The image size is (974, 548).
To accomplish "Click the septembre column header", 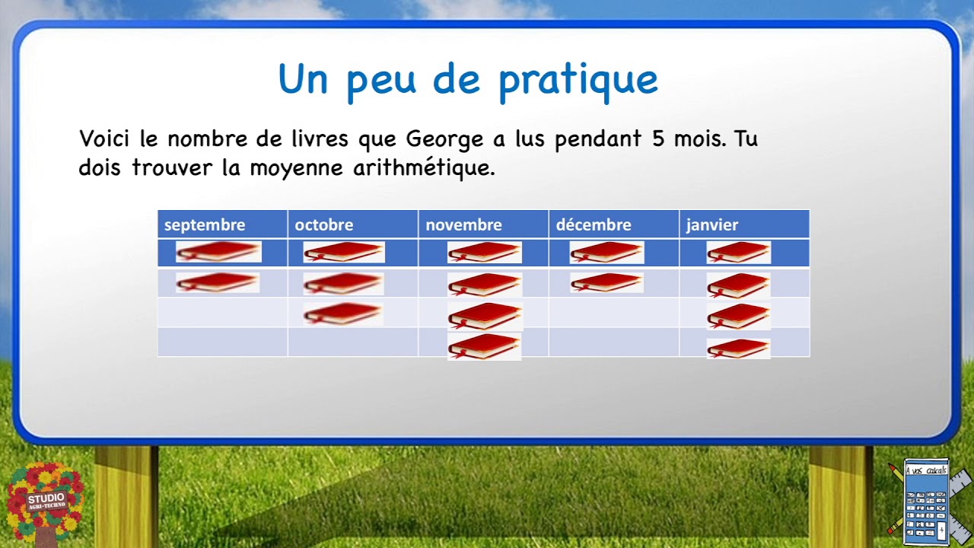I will click(x=205, y=225).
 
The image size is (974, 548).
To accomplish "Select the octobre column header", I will click(x=324, y=225).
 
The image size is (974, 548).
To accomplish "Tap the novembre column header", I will click(x=463, y=225).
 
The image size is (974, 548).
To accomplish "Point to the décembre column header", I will click(x=594, y=225).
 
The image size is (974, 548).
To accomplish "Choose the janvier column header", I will click(x=712, y=225).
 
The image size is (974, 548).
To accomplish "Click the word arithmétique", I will click(x=424, y=168).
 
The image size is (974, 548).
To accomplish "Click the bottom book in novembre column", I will click(x=484, y=346).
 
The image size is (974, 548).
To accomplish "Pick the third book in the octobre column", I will click(x=343, y=313).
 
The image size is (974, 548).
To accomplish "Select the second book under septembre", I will click(x=218, y=282).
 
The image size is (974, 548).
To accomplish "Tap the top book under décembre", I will click(x=606, y=252).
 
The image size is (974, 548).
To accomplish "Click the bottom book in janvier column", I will click(x=738, y=349).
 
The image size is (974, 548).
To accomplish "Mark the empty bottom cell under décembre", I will click(x=613, y=342).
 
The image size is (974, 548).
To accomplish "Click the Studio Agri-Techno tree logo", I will click(x=45, y=502).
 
